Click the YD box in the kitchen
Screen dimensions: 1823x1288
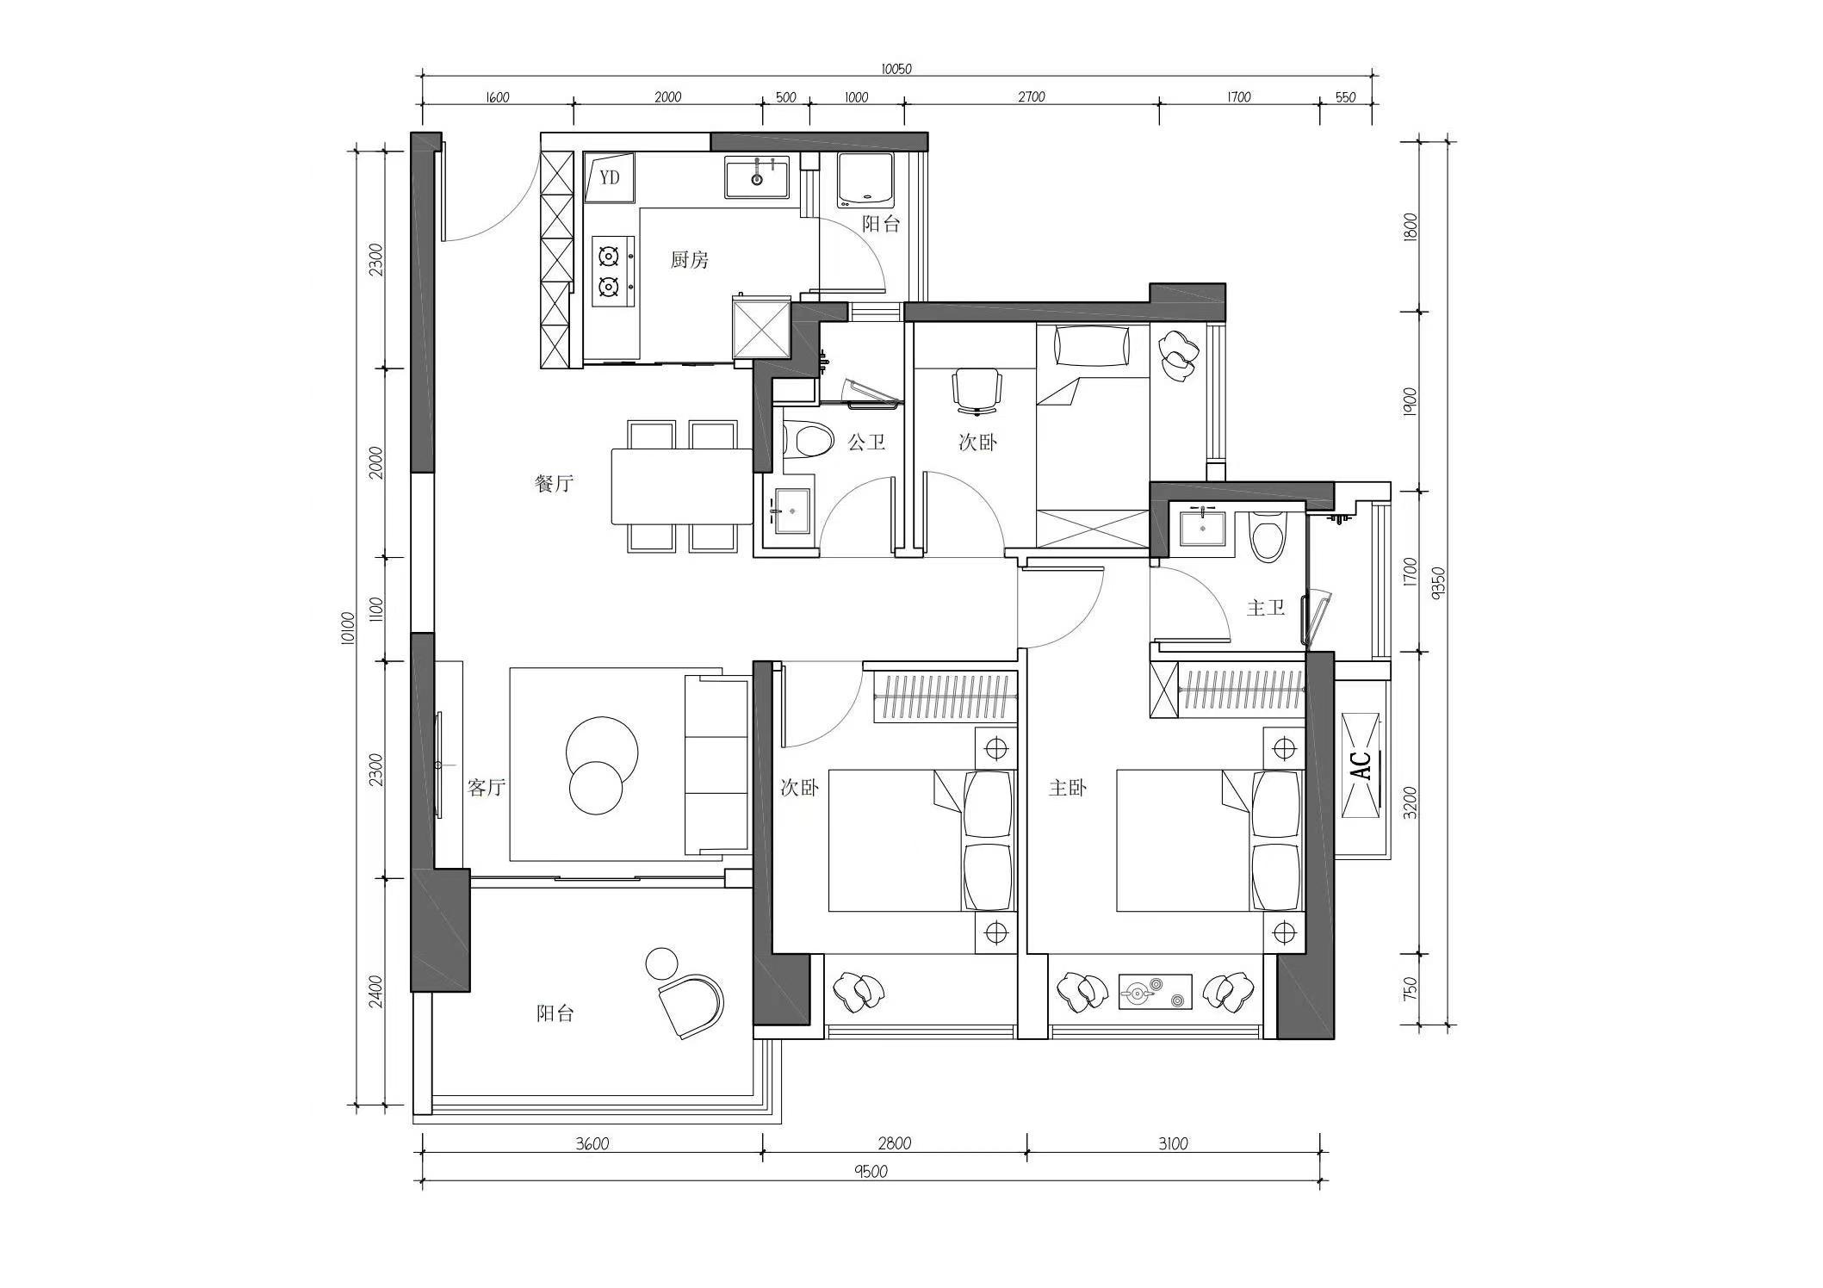pos(610,177)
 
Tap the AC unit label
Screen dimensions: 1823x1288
pos(1361,765)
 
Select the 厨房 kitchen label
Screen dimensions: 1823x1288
pos(690,259)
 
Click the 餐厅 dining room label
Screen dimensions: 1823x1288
pos(554,483)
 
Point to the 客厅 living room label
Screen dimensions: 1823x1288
pos(487,787)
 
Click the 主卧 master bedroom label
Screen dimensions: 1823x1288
pos(1068,787)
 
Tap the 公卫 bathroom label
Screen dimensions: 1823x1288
pos(866,442)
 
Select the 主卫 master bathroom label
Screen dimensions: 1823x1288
pos(1266,608)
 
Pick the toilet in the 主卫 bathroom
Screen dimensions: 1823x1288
pos(1268,536)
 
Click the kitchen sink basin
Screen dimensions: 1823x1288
pos(757,177)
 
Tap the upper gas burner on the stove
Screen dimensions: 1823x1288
pos(610,256)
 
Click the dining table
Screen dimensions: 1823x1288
pos(683,486)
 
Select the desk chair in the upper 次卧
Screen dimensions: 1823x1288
pos(977,389)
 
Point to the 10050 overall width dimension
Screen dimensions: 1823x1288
pos(896,69)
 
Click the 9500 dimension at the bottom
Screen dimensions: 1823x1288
pos(871,1171)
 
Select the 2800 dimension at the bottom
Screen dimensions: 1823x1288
pos(895,1143)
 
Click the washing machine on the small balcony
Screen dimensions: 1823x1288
pos(866,181)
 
